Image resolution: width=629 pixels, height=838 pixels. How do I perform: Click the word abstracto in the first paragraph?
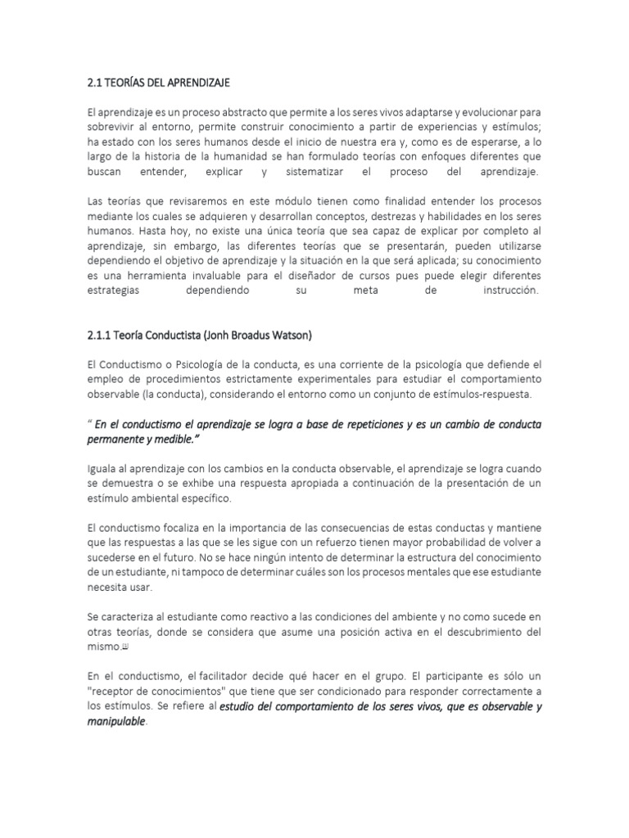[x=229, y=111]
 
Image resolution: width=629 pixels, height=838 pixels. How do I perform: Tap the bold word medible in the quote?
[x=173, y=440]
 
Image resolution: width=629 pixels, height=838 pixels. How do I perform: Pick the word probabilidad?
[x=459, y=543]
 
